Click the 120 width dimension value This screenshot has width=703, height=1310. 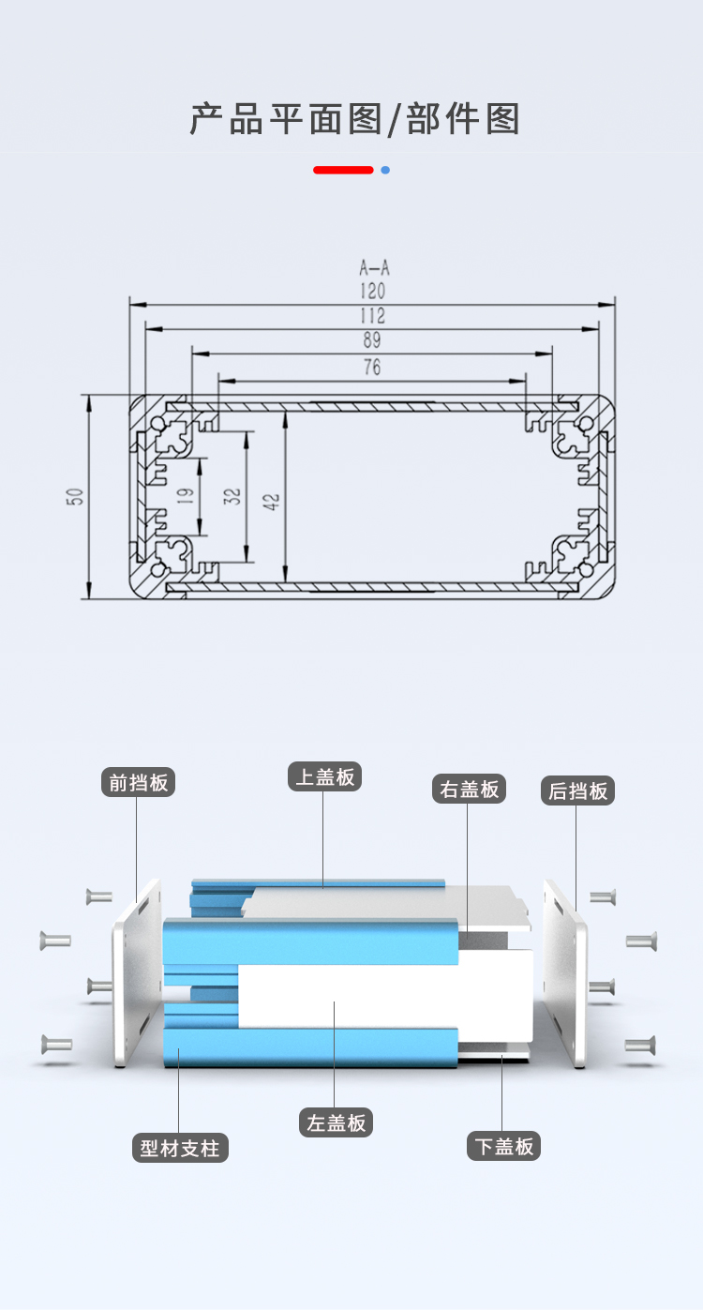coord(372,292)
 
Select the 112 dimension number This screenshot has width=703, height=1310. coord(372,316)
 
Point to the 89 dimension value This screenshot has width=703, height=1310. coord(372,341)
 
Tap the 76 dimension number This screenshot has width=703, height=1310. coord(372,368)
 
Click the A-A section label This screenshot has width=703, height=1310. coord(372,269)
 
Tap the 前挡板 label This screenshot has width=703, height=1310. coord(139,782)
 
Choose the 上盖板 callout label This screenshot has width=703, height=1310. coord(324,776)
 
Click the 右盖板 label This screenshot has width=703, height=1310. coord(469,789)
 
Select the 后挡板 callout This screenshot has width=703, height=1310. coord(577,791)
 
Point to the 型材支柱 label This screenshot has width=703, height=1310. coord(180,1148)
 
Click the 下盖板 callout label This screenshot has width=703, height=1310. coord(504,1146)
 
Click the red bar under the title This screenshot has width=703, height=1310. coord(343,170)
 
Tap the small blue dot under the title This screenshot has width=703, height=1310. coord(385,170)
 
